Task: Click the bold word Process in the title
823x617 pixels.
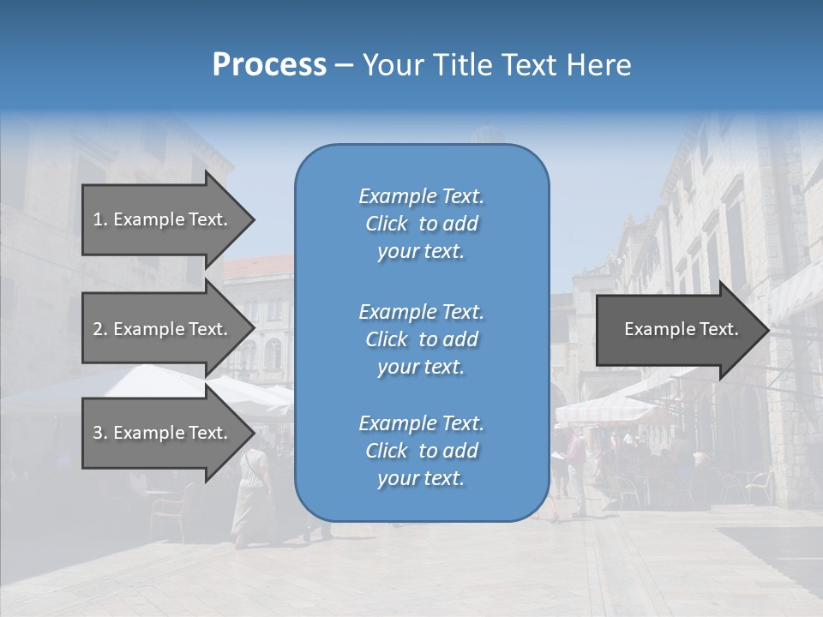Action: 269,64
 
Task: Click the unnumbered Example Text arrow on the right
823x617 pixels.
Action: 681,329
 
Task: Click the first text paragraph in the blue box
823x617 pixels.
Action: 421,224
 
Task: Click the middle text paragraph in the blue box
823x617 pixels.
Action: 421,338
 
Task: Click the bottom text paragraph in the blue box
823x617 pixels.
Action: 421,451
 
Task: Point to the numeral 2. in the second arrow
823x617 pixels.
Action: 100,329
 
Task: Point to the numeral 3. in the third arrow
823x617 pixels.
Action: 100,433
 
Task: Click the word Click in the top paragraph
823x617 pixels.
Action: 386,224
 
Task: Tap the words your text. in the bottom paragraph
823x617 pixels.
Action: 421,478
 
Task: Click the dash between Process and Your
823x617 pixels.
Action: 345,65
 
